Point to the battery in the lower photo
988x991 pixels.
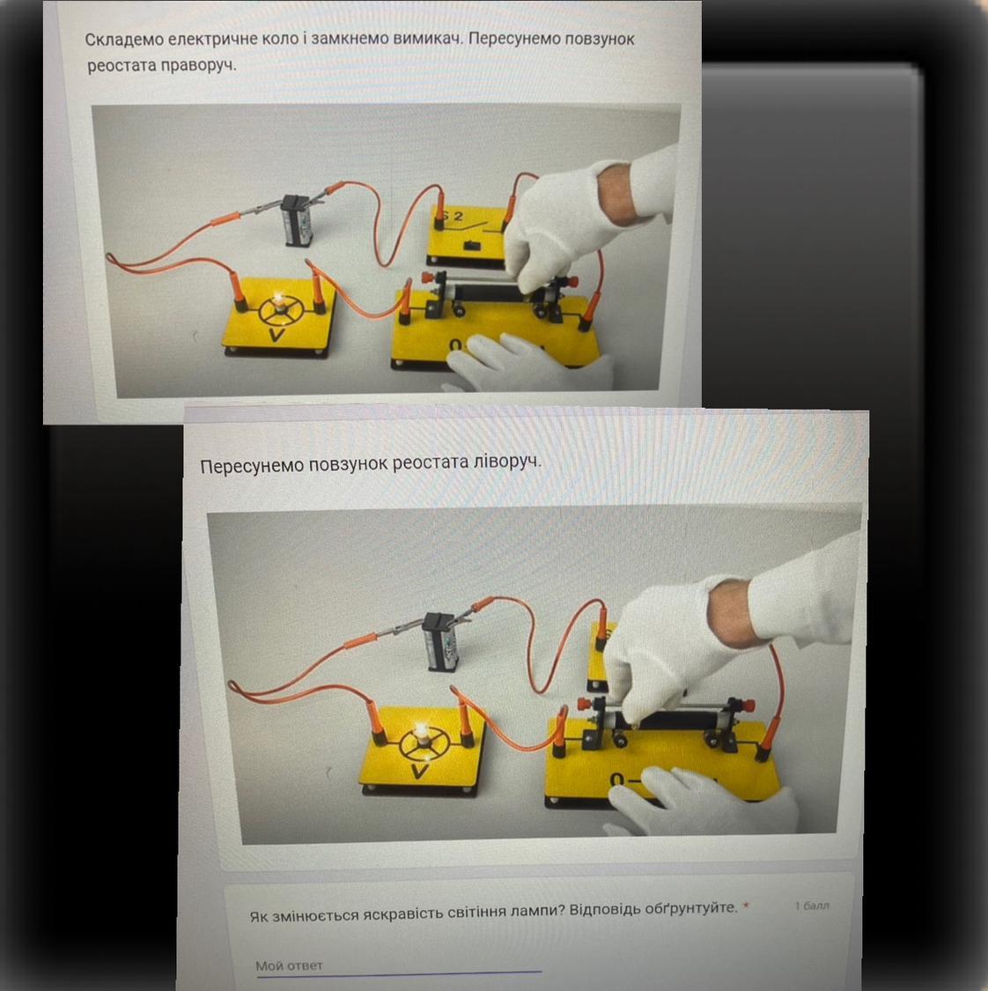pos(442,641)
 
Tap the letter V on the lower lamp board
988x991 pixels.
pos(419,771)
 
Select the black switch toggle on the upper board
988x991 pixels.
pos(470,245)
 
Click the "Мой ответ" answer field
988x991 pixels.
pos(398,965)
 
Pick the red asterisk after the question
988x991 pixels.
pos(746,906)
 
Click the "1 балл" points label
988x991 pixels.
pos(813,906)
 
